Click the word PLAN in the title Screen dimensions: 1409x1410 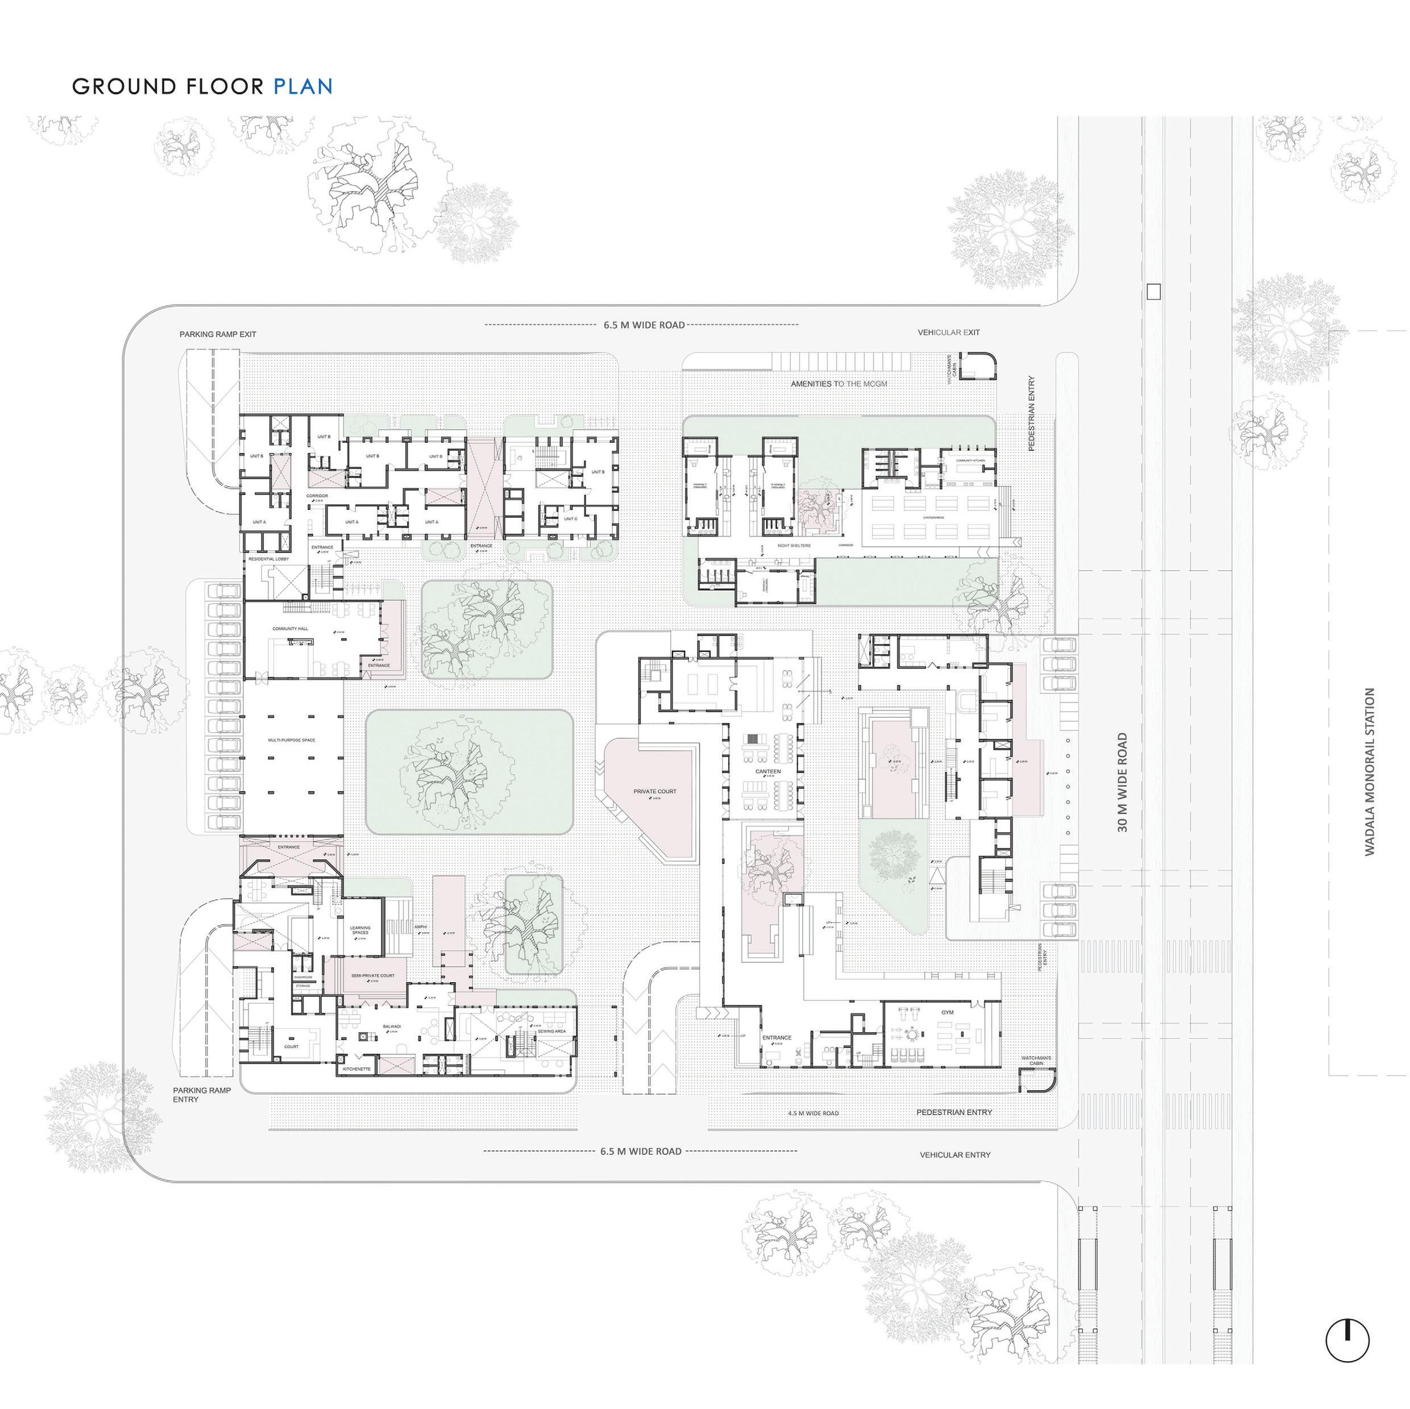303,87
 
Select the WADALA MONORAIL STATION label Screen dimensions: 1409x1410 1369,771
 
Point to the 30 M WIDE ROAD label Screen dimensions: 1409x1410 1122,782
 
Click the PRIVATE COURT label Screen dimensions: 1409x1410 654,791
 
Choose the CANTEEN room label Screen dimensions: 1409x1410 768,771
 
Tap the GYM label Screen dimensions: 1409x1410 947,1013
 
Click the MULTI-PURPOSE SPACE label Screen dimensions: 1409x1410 291,740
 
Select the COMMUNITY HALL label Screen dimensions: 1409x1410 291,628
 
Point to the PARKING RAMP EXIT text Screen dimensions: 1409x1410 218,334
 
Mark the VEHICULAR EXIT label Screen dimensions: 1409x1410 949,332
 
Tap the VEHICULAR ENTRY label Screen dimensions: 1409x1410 955,1155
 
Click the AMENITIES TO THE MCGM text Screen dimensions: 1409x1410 839,383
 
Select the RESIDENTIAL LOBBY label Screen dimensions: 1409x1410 268,559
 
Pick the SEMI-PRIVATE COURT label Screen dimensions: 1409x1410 372,975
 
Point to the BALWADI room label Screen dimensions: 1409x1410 392,1026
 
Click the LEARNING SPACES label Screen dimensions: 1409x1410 360,930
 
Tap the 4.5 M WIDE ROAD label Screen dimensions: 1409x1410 813,1113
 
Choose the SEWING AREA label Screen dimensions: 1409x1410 551,1031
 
